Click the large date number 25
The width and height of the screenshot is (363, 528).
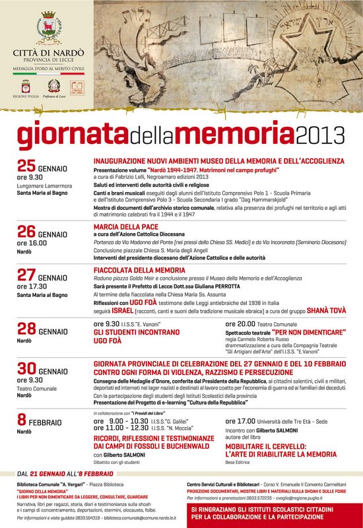[26, 166]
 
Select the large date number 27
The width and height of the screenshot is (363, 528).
[26, 275]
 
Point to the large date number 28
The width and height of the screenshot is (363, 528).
[26, 329]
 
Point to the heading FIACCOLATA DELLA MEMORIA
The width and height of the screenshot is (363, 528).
[139, 271]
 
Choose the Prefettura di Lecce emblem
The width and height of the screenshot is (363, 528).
[52, 86]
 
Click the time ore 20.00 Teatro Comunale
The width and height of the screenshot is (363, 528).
[261, 323]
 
